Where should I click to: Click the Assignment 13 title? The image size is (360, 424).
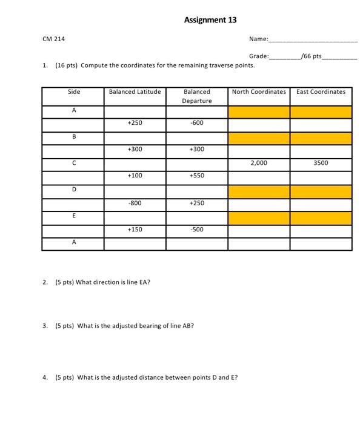coord(210,20)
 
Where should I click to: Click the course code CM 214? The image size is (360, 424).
coord(54,39)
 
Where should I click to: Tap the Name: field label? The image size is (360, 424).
coord(259,39)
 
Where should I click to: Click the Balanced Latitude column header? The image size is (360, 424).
coord(135,92)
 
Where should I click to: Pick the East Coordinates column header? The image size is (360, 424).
coord(321,92)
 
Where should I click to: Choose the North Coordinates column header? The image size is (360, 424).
coord(259,92)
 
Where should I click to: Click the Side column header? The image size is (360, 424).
coord(73,92)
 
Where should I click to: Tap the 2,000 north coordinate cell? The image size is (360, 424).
coord(259,163)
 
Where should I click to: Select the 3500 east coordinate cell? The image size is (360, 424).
coord(321,163)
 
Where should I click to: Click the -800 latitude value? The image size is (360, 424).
coord(135,203)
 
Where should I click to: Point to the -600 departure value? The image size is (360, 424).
coord(197,123)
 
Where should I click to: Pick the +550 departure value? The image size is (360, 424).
coord(197,175)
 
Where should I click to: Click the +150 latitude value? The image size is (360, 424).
coord(135,230)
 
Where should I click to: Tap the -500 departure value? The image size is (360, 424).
coord(197,230)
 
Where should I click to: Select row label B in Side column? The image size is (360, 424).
coord(73,137)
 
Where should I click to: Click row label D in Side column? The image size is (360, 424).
coord(73,190)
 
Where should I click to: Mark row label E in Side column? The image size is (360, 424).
coord(73,216)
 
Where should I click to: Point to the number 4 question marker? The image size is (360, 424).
coord(45,377)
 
